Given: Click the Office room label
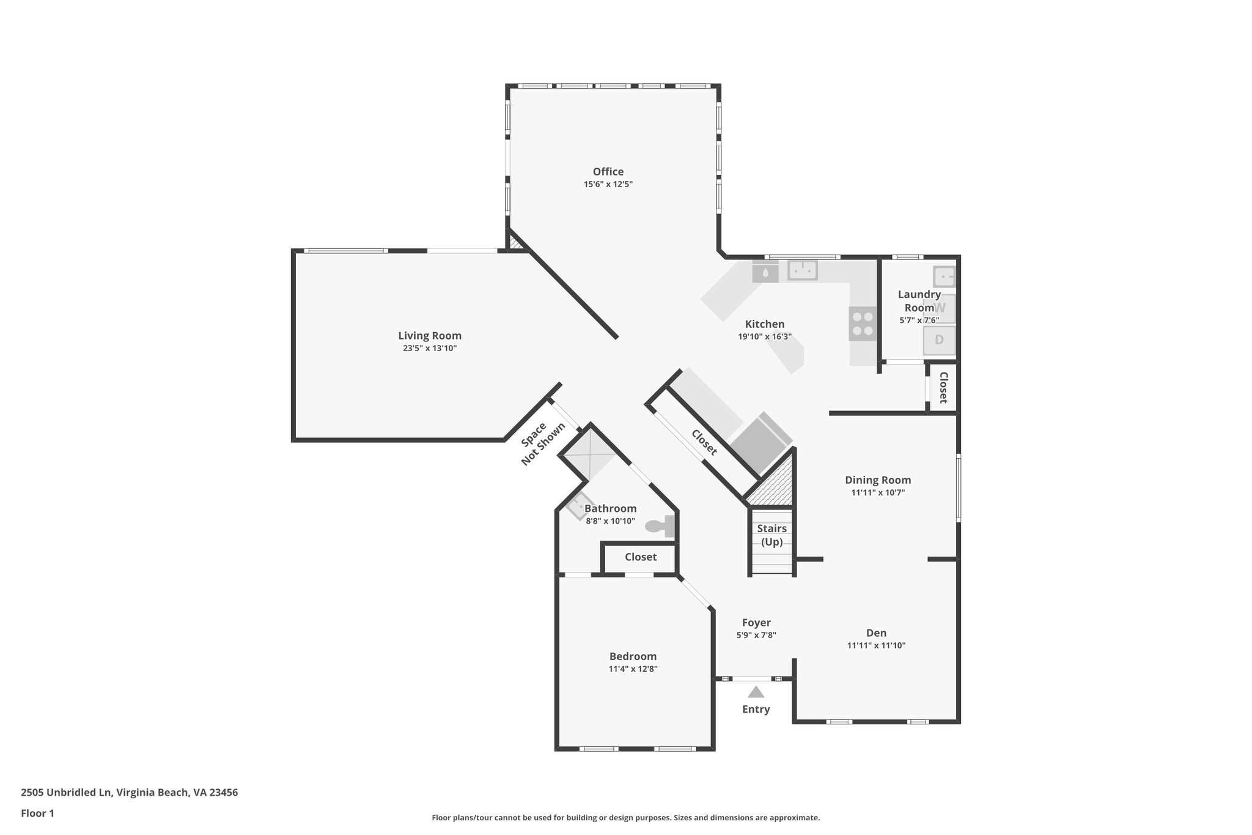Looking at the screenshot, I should pos(608,172).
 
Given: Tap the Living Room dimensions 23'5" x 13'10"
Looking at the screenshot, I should pos(429,349).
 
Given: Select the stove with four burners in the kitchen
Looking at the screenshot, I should pos(863,324).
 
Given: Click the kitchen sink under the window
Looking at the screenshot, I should pos(802,270).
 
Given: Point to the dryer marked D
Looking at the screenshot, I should pos(939,340).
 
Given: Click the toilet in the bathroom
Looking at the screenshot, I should pos(659,525).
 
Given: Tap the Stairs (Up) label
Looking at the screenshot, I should pos(771,535).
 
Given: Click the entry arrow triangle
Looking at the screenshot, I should pos(756,692).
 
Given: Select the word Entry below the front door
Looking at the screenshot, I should pos(756,710).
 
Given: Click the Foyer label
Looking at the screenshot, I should pos(756,623).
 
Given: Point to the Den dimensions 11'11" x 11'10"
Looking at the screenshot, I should pos(875,645).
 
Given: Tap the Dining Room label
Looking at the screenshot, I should pos(877,480).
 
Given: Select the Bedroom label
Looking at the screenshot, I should pos(633,656).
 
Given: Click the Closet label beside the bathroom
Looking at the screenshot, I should pos(640,557).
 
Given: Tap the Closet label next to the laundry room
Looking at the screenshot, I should pos(943,387).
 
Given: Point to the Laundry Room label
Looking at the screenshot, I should pos(919,301).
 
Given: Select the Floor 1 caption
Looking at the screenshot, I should pos(37,814).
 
